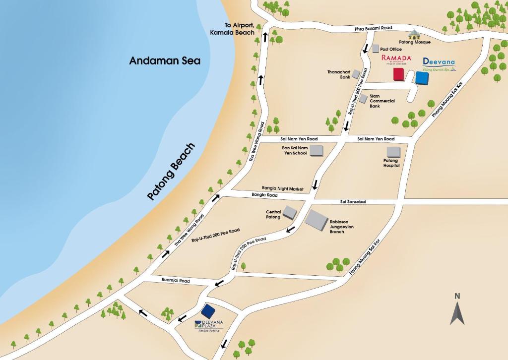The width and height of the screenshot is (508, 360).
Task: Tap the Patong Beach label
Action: click(x=171, y=172)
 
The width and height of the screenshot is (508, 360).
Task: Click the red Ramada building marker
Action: click(x=398, y=74)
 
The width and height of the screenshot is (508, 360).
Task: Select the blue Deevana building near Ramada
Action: click(x=422, y=78)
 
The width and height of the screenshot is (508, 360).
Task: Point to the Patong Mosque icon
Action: click(x=413, y=35)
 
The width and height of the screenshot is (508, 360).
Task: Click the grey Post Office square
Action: click(x=376, y=49)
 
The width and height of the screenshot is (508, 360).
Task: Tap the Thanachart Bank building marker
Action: click(x=356, y=74)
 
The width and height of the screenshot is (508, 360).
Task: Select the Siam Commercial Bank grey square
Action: click(x=363, y=99)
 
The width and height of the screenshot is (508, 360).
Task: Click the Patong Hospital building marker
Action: click(x=393, y=151)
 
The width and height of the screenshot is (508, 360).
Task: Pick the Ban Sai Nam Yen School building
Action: click(x=317, y=150)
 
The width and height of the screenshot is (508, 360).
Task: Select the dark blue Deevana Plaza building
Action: click(x=208, y=311)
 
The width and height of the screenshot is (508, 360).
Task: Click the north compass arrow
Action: click(x=457, y=309)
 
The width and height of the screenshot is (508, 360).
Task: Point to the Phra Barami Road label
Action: click(x=373, y=28)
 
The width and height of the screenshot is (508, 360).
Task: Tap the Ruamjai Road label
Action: click(x=176, y=281)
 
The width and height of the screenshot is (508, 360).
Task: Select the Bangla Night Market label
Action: click(x=282, y=188)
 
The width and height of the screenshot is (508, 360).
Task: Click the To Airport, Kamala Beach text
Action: click(x=239, y=29)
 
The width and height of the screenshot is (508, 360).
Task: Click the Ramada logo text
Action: click(x=396, y=59)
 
